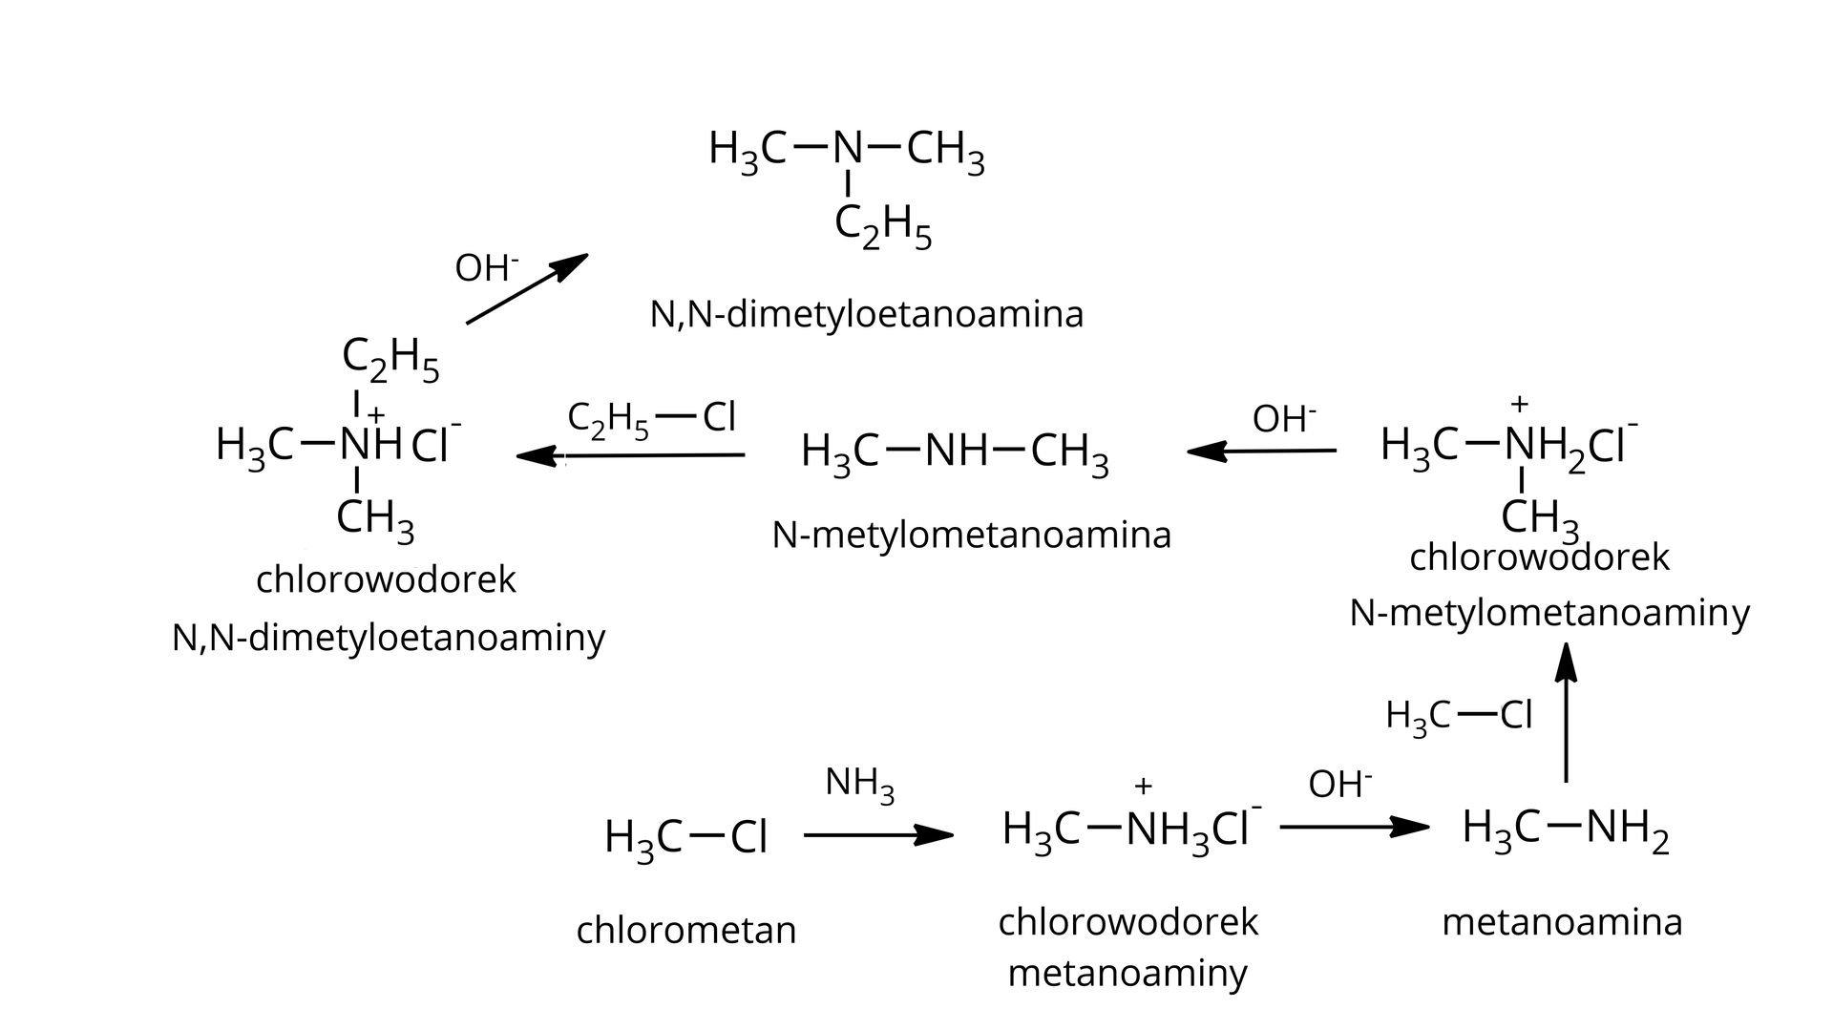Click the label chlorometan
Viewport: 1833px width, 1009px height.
point(685,929)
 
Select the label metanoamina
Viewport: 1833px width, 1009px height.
point(1562,922)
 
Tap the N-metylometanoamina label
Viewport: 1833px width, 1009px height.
point(971,535)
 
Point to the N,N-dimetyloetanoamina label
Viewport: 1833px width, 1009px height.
point(866,314)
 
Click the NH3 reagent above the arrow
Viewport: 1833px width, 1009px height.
point(859,784)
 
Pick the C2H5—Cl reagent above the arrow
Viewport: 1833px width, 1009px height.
point(651,419)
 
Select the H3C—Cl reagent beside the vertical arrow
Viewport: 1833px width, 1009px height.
point(1459,715)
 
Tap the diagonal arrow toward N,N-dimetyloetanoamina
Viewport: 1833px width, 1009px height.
point(526,289)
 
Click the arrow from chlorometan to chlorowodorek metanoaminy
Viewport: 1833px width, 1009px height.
point(877,836)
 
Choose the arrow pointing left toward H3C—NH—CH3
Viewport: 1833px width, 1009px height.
point(1260,451)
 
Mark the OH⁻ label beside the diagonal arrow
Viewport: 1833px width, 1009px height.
point(487,268)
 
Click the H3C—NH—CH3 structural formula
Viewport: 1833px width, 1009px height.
point(955,452)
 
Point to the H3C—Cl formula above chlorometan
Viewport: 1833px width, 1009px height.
point(685,838)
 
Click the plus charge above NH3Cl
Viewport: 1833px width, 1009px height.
point(1143,786)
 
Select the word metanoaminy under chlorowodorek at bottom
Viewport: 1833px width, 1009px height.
point(1127,974)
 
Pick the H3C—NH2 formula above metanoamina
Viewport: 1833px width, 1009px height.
point(1566,829)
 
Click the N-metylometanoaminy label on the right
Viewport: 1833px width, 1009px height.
point(1549,613)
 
